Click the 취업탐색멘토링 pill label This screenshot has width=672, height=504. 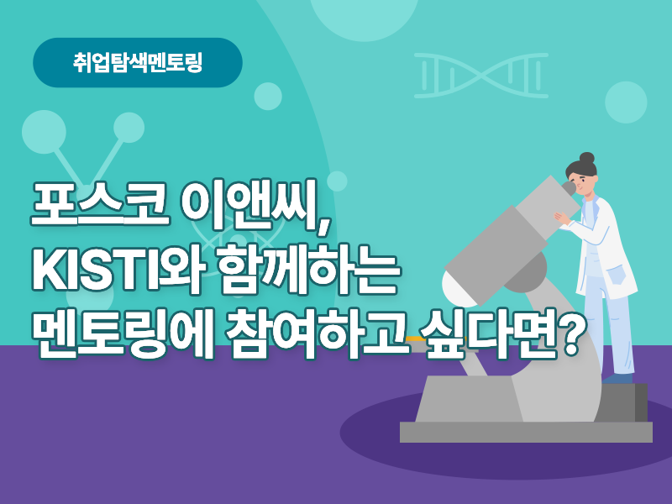tap(138, 62)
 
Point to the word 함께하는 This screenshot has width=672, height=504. tap(308, 269)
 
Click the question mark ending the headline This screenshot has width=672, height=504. tap(572, 334)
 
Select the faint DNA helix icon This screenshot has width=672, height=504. tap(480, 76)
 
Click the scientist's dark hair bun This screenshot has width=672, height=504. tap(586, 158)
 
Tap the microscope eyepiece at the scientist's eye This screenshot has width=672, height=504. tap(569, 187)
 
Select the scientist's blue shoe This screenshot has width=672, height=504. tap(617, 378)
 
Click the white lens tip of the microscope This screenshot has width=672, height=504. tap(458, 290)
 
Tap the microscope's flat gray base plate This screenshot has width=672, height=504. tap(526, 432)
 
